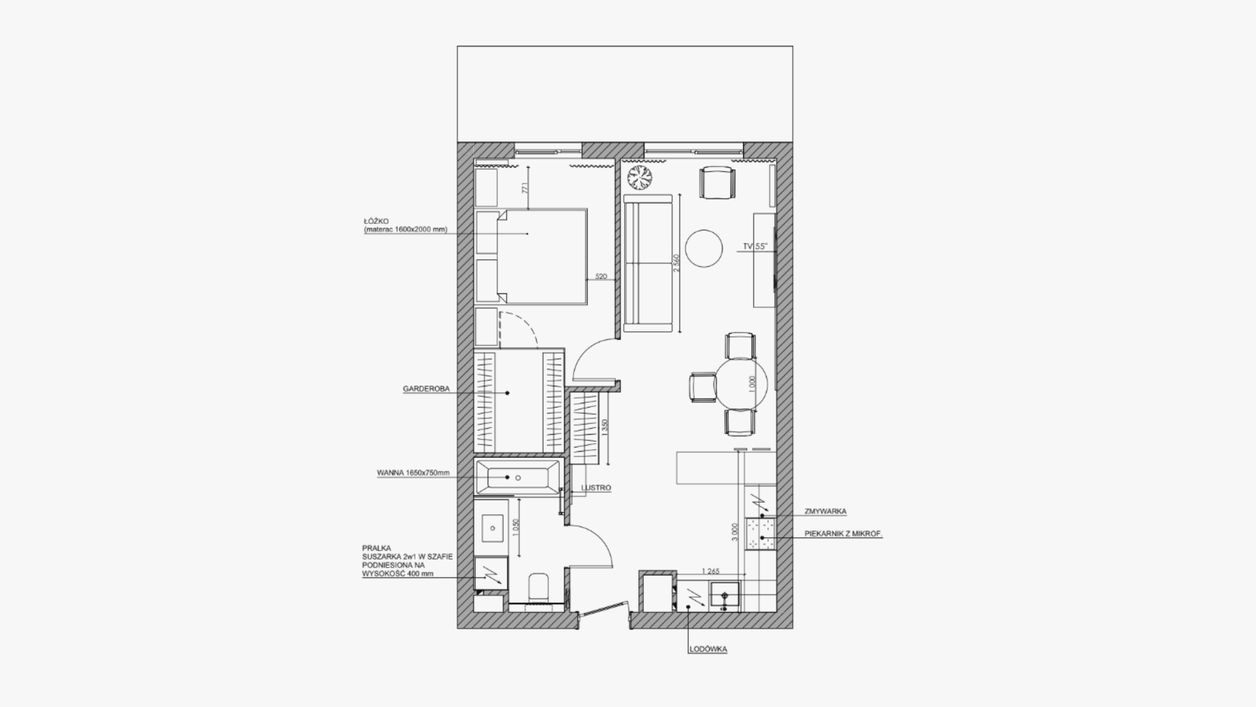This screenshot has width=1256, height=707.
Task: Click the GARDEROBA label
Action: coord(426,389)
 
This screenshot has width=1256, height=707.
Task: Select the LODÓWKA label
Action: coord(708,649)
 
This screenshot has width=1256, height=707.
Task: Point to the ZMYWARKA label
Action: coord(826,512)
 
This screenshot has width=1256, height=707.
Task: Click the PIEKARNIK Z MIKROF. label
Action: coord(843,534)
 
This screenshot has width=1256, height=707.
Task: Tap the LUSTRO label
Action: coord(597,488)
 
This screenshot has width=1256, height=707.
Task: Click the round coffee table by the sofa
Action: coord(704,248)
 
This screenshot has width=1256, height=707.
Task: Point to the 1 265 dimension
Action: coord(710,571)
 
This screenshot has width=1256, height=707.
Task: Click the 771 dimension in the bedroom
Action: coord(523,189)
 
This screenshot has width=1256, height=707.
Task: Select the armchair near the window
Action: coord(718,183)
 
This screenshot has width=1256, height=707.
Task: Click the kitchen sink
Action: coord(725,596)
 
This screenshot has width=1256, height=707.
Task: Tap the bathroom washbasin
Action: coord(492,526)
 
